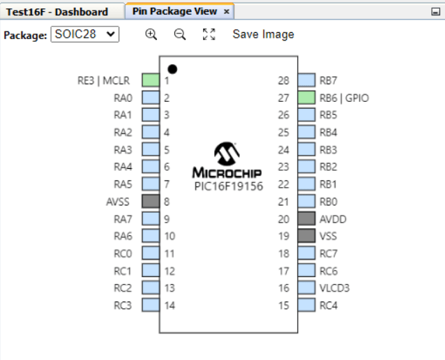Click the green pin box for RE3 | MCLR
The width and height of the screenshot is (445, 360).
(x=151, y=80)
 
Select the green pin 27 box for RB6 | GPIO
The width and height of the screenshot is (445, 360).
(x=306, y=98)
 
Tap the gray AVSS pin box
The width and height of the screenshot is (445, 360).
(x=151, y=202)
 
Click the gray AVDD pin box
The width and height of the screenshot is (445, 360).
(x=306, y=219)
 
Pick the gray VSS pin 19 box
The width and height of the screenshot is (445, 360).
(x=306, y=236)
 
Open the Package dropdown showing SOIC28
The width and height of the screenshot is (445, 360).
(x=85, y=34)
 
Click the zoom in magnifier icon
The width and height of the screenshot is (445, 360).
(x=151, y=34)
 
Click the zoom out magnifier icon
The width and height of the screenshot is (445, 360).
(x=180, y=34)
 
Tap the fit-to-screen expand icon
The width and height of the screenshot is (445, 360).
(x=209, y=34)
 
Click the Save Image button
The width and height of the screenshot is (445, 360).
(x=263, y=34)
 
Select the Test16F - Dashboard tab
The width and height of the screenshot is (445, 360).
(x=57, y=12)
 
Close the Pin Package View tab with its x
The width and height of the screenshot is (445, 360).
(x=227, y=12)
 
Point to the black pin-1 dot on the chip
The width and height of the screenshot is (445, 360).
(x=172, y=69)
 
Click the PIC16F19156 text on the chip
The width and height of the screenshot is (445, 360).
(x=227, y=186)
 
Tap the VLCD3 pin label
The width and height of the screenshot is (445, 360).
(x=334, y=287)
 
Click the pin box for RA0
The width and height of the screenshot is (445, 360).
(x=151, y=98)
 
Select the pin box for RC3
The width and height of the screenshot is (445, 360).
(x=151, y=305)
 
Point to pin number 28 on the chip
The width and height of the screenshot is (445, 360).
(x=283, y=80)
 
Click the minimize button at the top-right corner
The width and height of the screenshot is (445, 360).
(x=436, y=12)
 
